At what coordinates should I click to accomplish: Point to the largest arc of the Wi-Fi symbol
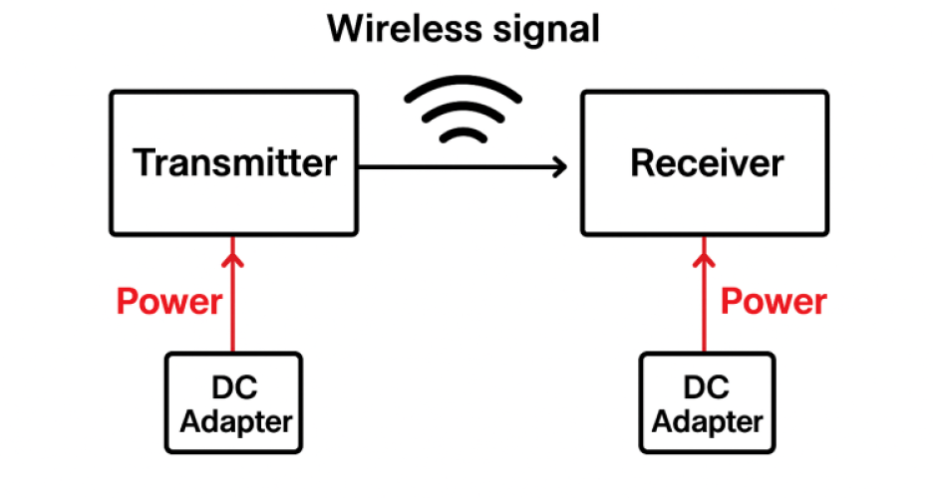point(464,89)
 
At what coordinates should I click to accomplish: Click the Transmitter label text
point(234,162)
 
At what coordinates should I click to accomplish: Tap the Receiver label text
point(707,162)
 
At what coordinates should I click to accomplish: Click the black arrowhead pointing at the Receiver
point(560,166)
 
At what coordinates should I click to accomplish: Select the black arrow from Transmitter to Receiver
point(459,166)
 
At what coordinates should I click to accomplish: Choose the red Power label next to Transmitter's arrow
point(169,301)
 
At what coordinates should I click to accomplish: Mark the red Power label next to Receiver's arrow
point(774,301)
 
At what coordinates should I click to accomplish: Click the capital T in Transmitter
point(145,162)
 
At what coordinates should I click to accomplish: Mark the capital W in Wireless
point(345,28)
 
